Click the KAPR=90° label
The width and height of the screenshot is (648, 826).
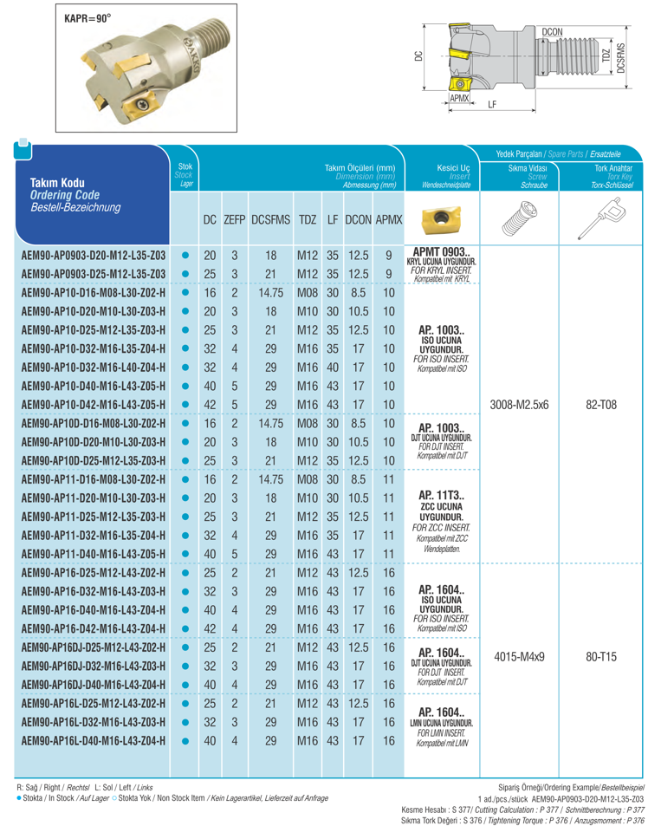[88, 17]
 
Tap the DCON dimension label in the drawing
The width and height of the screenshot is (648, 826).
[553, 33]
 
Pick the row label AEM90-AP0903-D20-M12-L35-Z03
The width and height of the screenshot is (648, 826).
[93, 257]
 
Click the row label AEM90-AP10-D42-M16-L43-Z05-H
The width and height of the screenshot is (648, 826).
[94, 405]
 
